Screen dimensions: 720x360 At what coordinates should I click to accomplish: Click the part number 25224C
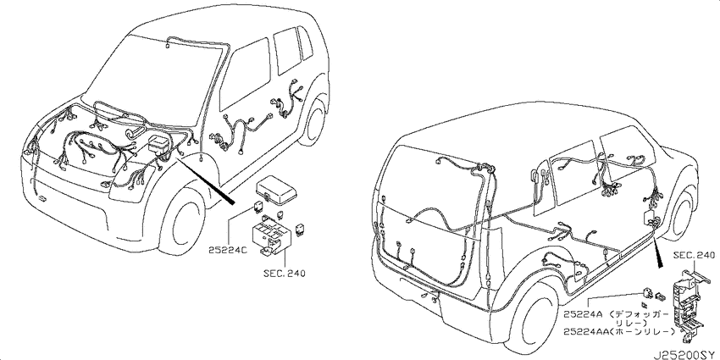[x=228, y=250]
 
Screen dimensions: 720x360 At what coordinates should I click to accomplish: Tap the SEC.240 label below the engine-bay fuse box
[x=285, y=274]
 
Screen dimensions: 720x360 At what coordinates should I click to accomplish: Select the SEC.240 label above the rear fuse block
[x=695, y=255]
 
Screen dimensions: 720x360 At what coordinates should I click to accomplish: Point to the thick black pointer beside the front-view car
[x=205, y=178]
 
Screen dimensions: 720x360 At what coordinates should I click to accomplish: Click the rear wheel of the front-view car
[x=314, y=120]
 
